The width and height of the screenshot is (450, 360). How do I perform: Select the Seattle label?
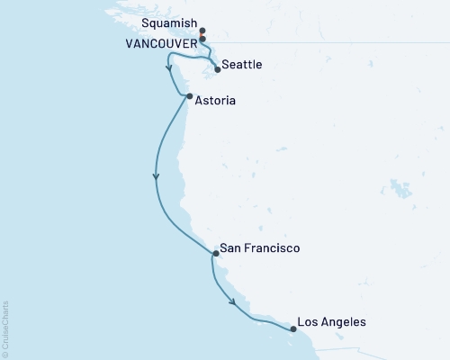coord(243,66)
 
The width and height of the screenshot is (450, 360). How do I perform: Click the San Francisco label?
coord(262,248)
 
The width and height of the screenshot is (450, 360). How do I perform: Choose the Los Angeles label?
coord(332,320)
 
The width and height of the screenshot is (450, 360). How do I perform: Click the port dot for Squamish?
coord(203,31)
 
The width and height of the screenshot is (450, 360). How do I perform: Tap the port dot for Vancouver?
coord(203,40)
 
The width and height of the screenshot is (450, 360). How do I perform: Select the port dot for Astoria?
coord(188,96)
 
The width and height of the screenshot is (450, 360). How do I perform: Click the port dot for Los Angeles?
coord(293,328)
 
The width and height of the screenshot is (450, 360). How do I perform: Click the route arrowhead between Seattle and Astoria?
coord(168,67)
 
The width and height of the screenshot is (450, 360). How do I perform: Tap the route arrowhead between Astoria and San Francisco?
coord(157,177)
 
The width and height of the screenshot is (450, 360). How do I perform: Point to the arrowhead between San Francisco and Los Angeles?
coord(235,302)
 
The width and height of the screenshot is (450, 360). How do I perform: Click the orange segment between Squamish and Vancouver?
coord(203,36)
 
